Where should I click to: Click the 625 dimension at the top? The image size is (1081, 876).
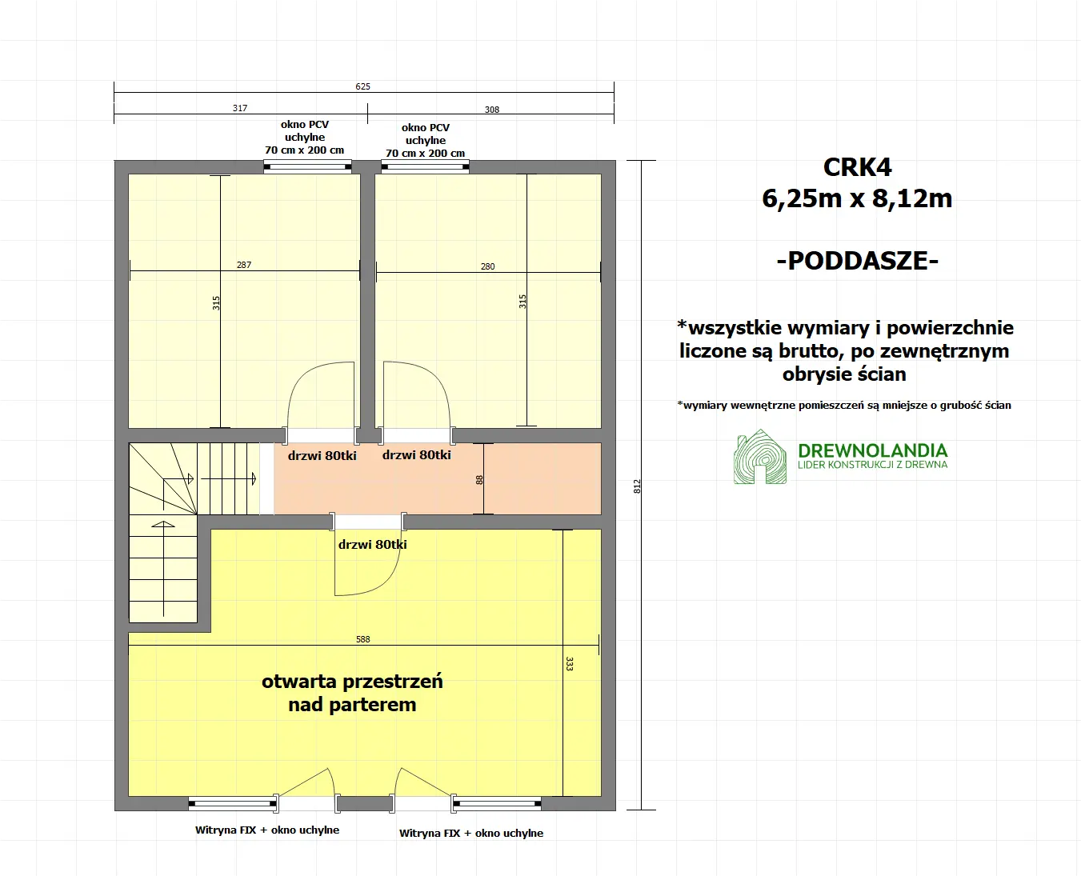(x=362, y=86)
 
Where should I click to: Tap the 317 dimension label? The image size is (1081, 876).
(x=240, y=108)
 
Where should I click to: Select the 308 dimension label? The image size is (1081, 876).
(x=492, y=110)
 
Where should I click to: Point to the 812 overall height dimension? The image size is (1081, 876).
(x=638, y=486)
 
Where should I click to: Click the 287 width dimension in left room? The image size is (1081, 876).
(x=244, y=265)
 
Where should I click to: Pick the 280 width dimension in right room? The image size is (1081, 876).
(x=487, y=266)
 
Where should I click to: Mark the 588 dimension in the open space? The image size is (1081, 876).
(x=362, y=639)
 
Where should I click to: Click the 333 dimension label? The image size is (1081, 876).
(x=569, y=663)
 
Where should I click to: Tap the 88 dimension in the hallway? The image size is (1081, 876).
(x=479, y=480)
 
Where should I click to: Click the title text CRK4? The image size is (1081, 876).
(x=857, y=167)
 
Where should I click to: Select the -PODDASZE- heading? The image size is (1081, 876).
(x=857, y=261)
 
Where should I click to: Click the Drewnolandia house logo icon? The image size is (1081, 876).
(x=759, y=458)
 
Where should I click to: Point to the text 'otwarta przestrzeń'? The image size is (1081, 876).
(x=352, y=682)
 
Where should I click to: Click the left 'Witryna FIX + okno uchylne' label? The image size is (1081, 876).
(x=267, y=830)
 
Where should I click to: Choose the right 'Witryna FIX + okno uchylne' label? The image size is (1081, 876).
(x=471, y=834)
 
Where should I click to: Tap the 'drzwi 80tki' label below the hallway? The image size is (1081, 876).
(x=372, y=545)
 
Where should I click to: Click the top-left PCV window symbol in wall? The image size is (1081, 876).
(x=307, y=167)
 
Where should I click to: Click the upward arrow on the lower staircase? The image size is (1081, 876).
(x=163, y=526)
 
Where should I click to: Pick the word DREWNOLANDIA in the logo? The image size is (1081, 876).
(x=872, y=450)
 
